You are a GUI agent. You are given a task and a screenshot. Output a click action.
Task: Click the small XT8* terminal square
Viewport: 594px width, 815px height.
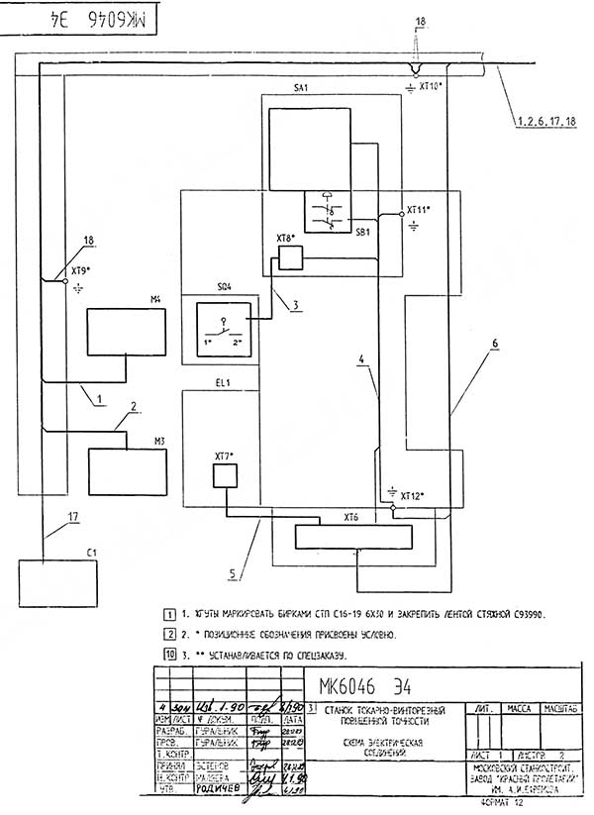coord(290,257)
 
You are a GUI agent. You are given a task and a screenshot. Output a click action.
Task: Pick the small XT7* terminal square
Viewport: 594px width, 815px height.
coord(226,476)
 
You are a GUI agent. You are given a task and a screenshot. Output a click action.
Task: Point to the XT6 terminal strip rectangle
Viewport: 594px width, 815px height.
coord(352,538)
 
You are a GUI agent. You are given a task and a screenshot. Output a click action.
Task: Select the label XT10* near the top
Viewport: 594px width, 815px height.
coord(434,86)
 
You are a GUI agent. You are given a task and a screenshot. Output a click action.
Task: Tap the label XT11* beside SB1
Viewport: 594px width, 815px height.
coord(419,211)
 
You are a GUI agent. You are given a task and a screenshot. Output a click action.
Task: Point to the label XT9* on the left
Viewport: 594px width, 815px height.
coord(81,269)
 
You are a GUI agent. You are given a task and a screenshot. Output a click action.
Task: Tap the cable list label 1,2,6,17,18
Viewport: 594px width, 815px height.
coord(544,122)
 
